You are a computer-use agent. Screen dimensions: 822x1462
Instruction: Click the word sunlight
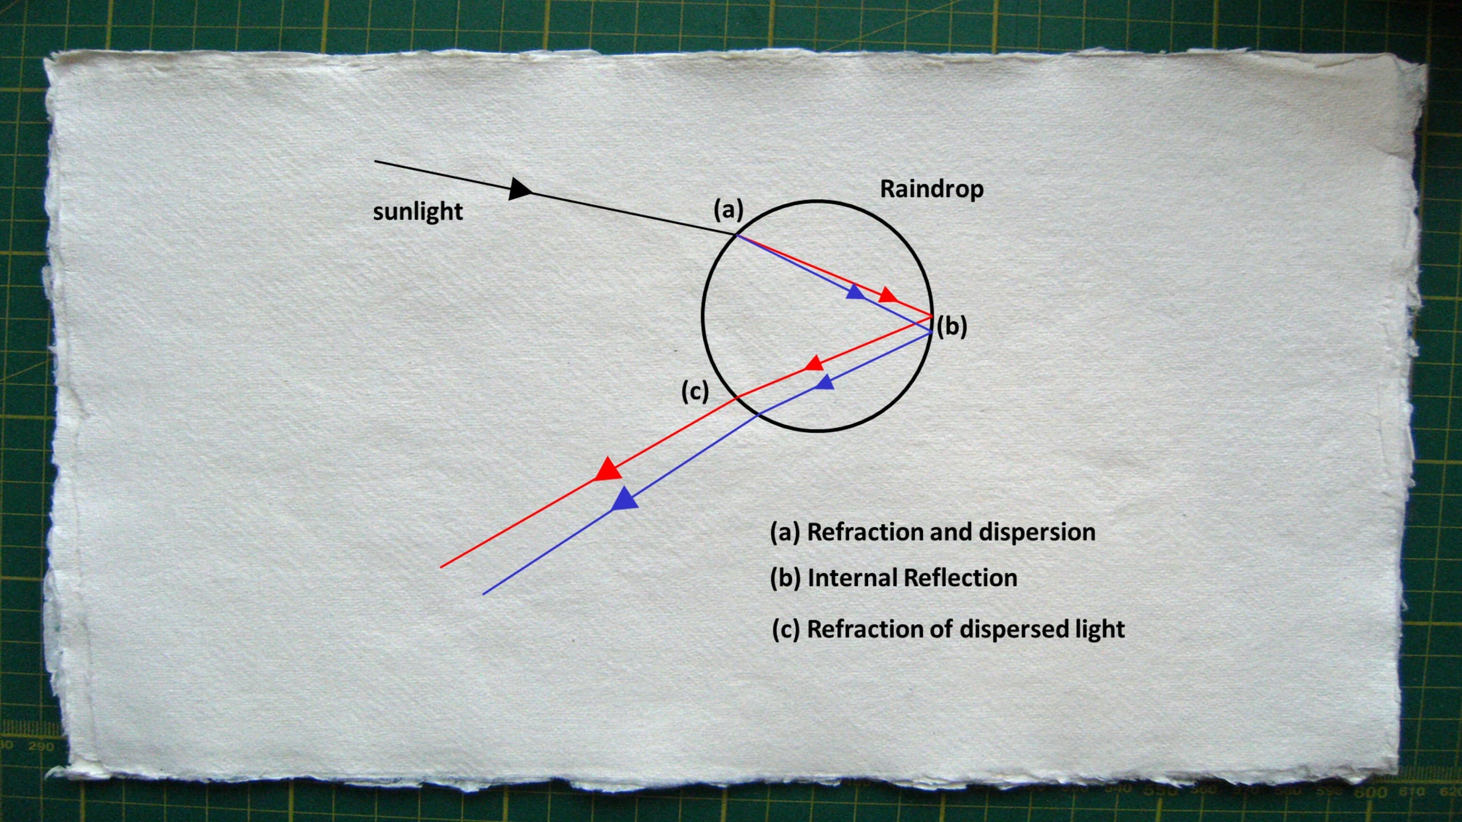click(417, 212)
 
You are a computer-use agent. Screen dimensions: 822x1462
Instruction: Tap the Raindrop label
click(931, 189)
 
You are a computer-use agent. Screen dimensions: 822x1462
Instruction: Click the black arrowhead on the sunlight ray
click(519, 189)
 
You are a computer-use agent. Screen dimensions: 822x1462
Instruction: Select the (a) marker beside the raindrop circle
click(728, 210)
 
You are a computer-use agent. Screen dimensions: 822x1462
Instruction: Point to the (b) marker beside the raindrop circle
click(952, 327)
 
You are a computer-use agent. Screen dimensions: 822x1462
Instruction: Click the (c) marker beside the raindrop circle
click(695, 392)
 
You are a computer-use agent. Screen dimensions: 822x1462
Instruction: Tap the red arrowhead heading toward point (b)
click(887, 295)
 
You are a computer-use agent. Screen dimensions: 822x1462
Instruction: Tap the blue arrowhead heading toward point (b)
click(855, 292)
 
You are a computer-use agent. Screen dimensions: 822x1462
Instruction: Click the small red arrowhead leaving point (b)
click(814, 363)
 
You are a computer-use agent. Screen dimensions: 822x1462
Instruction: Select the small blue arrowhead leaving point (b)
click(826, 382)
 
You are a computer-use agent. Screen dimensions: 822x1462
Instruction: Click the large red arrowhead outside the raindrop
click(608, 469)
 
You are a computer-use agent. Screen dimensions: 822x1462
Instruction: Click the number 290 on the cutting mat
click(40, 746)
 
